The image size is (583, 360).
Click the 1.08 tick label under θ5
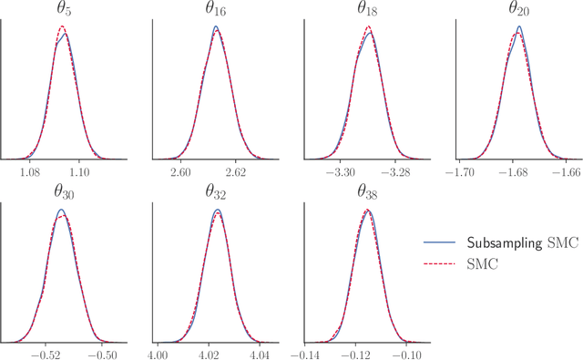coord(31,171)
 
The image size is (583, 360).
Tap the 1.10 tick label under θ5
coord(79,171)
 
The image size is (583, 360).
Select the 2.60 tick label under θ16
coord(180,171)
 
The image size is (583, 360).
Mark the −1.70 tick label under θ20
coord(463,171)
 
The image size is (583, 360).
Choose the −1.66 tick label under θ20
coord(567,171)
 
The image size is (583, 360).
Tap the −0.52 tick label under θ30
coord(44,352)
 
